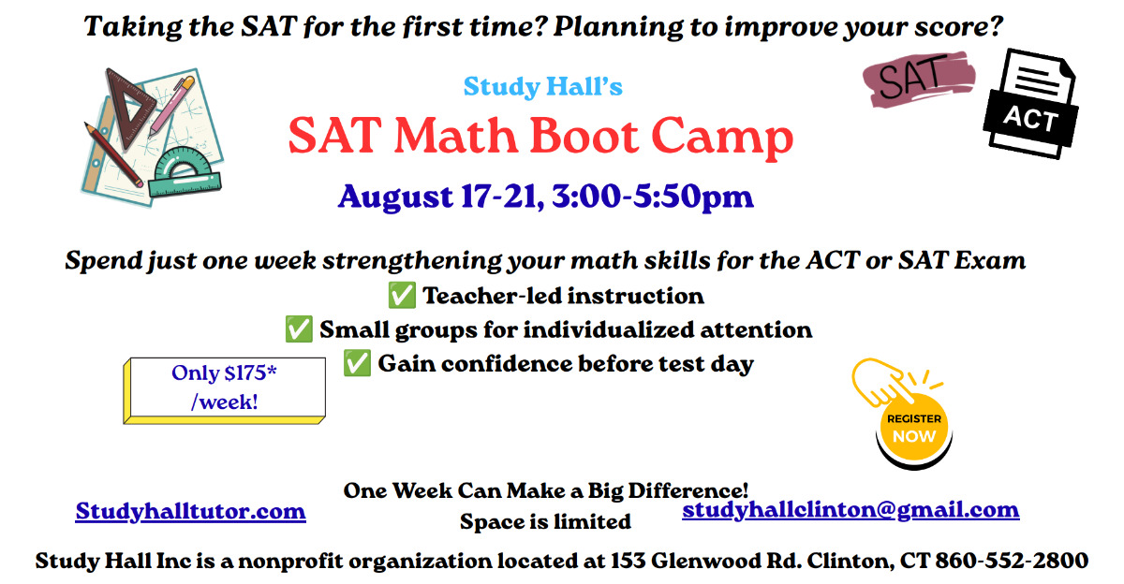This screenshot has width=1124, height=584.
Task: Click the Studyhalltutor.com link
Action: pos(191,512)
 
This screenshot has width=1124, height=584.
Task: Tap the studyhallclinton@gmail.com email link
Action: pos(850,510)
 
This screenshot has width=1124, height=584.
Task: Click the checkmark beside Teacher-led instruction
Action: pos(402,295)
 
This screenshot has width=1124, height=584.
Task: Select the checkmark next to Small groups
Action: pos(299,329)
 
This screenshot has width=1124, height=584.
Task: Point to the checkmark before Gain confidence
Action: pos(357,363)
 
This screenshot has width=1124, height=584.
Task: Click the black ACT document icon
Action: pos(1031,104)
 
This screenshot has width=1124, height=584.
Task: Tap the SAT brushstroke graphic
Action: pos(919,79)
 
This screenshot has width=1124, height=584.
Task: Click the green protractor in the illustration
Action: pos(185,173)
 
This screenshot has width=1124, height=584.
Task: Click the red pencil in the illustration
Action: pos(113,155)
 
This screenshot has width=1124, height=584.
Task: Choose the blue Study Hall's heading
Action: pos(543,87)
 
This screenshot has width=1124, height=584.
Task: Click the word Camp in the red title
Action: pos(722,138)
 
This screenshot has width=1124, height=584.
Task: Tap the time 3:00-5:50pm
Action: pos(652,197)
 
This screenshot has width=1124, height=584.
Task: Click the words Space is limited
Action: pos(545,522)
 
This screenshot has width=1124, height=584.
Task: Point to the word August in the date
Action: pos(396,197)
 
